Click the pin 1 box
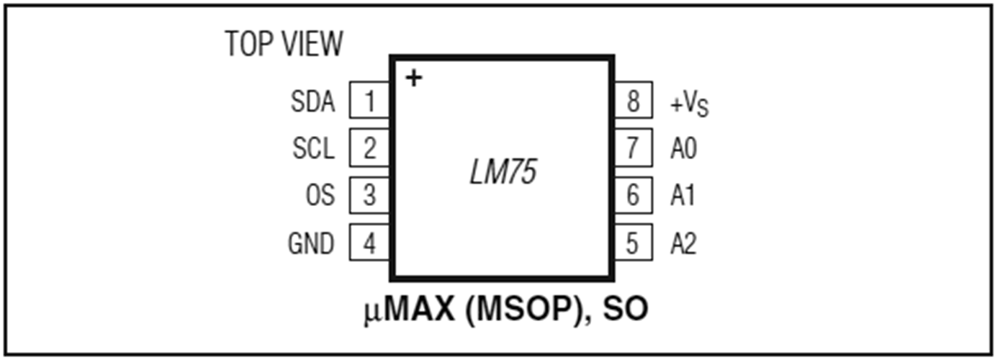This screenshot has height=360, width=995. [369, 100]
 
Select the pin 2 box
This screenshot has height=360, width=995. [369, 148]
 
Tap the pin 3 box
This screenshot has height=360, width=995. [369, 195]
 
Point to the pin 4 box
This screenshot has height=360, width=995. [369, 242]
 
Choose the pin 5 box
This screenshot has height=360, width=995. [634, 242]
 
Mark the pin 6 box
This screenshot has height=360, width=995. [634, 195]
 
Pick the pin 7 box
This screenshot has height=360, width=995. [634, 148]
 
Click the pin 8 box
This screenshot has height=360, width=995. [634, 100]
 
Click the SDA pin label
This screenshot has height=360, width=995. [312, 102]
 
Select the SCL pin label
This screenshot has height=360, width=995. [314, 148]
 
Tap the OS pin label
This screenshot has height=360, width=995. [320, 195]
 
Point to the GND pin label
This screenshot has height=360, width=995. [311, 243]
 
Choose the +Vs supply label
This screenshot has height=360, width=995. [690, 104]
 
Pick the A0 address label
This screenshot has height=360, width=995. [684, 148]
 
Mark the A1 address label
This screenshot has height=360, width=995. [683, 195]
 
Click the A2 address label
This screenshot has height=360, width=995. [683, 243]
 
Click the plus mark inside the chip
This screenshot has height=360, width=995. [414, 78]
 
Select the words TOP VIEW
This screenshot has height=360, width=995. [284, 43]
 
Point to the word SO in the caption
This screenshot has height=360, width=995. [626, 309]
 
